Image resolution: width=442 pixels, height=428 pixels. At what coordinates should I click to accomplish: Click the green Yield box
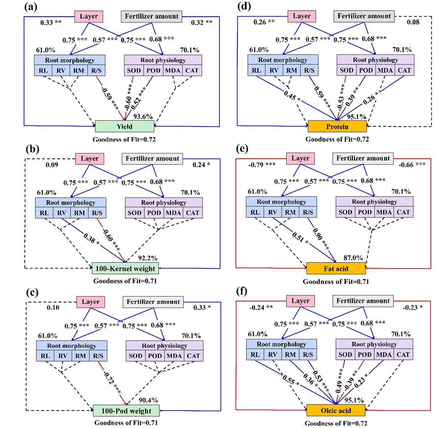pyautogui.click(x=124, y=126)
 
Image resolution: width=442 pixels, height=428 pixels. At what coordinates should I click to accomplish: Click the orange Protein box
pyautogui.click(x=337, y=126)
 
